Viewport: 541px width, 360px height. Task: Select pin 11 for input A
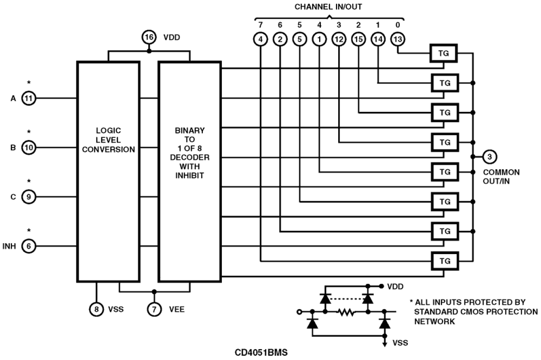point(29,98)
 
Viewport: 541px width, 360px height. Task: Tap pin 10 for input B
point(29,147)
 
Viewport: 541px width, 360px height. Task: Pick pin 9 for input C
point(29,197)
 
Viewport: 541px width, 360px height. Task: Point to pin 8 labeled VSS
point(96,308)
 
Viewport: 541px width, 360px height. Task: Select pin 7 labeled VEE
point(154,308)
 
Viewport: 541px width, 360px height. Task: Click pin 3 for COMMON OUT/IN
point(489,156)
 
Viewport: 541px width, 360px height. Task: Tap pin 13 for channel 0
point(397,40)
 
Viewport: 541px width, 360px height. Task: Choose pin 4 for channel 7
point(261,40)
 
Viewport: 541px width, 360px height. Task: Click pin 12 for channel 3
point(339,40)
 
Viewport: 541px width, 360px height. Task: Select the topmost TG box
point(445,53)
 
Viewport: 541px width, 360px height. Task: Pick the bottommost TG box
point(445,261)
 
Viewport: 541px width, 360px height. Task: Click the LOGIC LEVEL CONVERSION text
point(108,140)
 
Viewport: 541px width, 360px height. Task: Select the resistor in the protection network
point(346,311)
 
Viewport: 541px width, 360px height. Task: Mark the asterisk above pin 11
point(29,82)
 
